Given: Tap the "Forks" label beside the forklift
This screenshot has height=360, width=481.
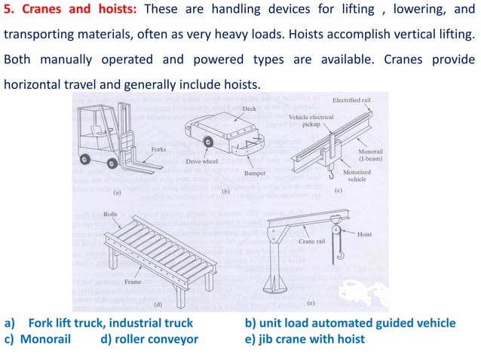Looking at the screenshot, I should pos(159,149).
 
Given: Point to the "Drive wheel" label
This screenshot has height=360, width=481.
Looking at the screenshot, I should pos(203,161).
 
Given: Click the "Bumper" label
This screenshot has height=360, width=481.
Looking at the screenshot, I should pos(255,173).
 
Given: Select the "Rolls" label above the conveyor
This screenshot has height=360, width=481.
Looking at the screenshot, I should pos(110,215).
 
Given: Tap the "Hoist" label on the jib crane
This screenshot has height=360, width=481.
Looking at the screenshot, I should pos(366,234).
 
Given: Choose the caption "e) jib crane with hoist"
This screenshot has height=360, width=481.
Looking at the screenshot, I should pos(305,339).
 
